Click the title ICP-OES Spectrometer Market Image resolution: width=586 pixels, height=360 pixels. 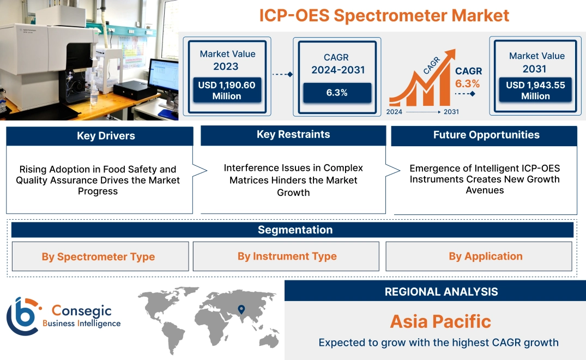pos(384,15)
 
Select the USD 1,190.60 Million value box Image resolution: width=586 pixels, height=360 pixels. pos(226,90)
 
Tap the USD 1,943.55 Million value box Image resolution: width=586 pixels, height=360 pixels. pos(535,90)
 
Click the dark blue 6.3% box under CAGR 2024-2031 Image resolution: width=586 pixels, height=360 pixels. pos(337,93)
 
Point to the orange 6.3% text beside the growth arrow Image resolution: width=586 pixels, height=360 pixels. pos(468,83)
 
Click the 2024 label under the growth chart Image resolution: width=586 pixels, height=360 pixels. pos(395,112)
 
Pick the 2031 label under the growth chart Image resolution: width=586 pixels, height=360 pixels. pos(451,112)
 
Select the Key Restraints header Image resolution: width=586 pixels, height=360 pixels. pos(293,135)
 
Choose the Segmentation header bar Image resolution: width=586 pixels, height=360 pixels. pos(295,230)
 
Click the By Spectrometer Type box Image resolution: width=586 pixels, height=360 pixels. pos(99,256)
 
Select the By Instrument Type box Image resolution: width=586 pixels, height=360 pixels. pos(287,256)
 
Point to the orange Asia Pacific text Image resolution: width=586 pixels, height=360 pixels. pos(440,321)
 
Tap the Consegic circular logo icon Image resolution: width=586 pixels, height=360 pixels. pos(23,316)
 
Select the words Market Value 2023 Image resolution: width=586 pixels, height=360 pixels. pos(227,60)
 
